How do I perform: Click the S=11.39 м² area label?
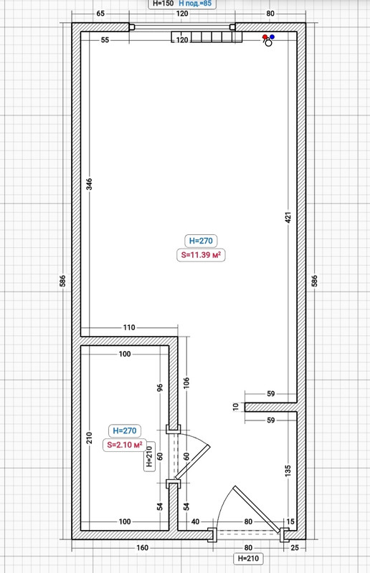(201, 255)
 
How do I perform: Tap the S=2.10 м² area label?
(125, 445)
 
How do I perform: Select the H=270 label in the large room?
(201, 241)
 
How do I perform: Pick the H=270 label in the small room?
(125, 430)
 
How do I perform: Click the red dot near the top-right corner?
(265, 37)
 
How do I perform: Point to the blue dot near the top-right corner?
(272, 37)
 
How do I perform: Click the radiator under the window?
(207, 37)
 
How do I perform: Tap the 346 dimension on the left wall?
(90, 184)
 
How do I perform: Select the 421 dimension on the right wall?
(288, 218)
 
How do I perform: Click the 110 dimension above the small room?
(129, 327)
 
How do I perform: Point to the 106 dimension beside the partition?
(186, 383)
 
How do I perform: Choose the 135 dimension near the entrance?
(288, 471)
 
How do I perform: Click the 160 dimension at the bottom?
(143, 547)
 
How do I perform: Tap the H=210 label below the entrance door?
(248, 559)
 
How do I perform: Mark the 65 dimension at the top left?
(100, 14)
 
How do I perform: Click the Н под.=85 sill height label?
(195, 4)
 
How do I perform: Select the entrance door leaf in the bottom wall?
(257, 509)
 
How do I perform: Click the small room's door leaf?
(192, 462)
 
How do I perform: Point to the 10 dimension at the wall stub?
(236, 406)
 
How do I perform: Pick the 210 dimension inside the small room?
(90, 438)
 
